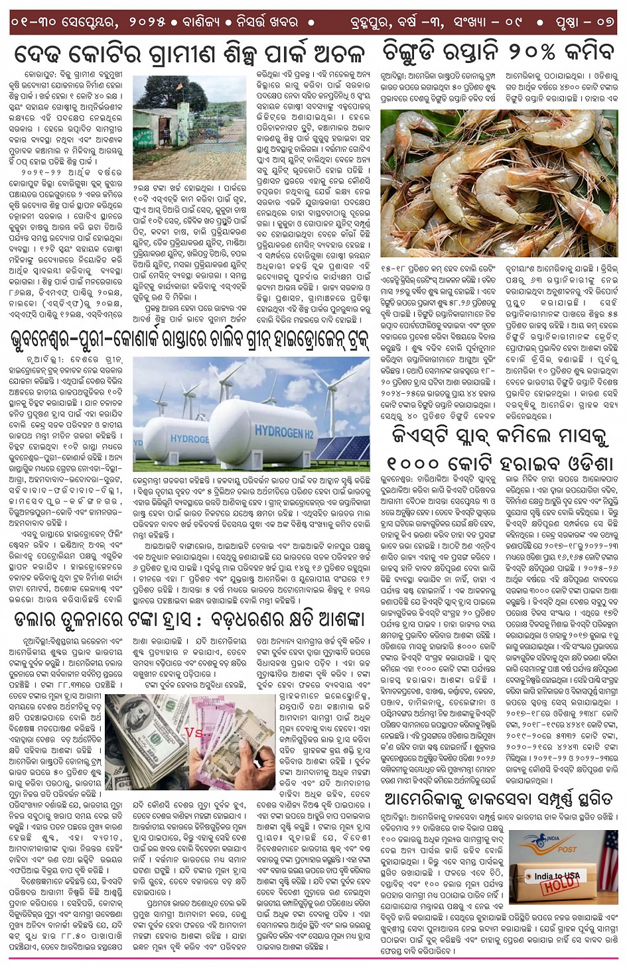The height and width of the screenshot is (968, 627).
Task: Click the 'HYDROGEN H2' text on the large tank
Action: click(x=284, y=432)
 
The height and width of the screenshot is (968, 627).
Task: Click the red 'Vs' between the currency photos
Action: click(x=194, y=733)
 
